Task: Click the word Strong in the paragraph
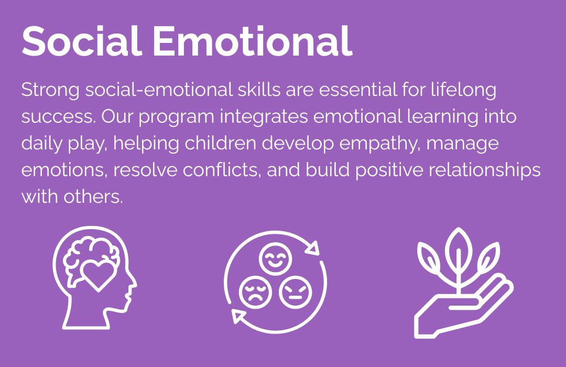click(x=50, y=90)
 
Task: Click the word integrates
click(x=264, y=116)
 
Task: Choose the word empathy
click(x=380, y=144)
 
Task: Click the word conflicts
click(x=222, y=170)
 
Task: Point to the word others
click(x=93, y=197)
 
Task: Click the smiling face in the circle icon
click(x=276, y=259)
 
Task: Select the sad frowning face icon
click(x=256, y=292)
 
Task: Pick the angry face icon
click(x=295, y=292)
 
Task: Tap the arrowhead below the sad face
click(x=238, y=316)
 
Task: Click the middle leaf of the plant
click(x=459, y=249)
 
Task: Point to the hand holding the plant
click(x=463, y=308)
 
